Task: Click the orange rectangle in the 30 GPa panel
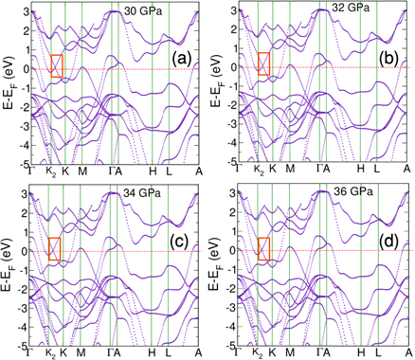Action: pos(57,65)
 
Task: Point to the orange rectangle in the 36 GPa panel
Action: pos(263,247)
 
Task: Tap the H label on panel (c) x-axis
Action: pos(152,353)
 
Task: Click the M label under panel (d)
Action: pos(289,353)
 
